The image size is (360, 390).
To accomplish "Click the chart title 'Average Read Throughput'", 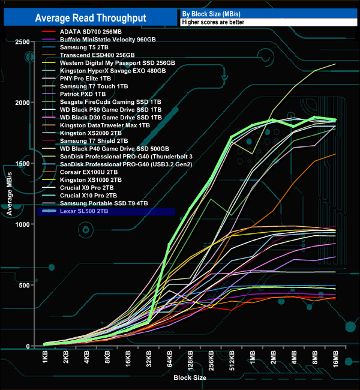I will coord(91,18).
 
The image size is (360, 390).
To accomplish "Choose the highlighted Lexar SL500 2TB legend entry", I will coord(85,211).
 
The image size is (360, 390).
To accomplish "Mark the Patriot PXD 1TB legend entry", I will coord(83,94).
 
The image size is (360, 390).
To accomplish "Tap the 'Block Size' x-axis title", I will coord(191,379).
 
